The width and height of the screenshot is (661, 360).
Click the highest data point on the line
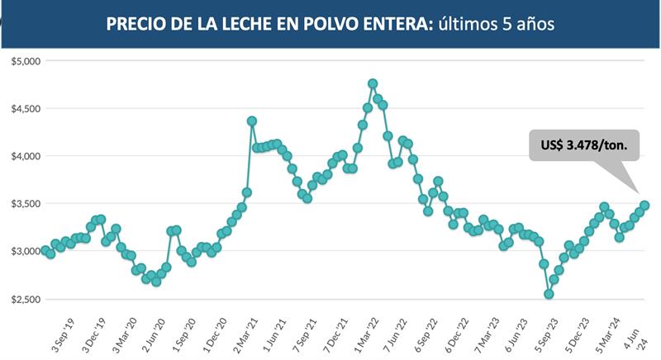click(373, 83)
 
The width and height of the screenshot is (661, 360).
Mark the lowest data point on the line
click(549, 294)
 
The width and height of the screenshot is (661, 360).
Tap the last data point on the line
click(644, 206)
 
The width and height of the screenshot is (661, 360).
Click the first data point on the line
click(45, 250)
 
